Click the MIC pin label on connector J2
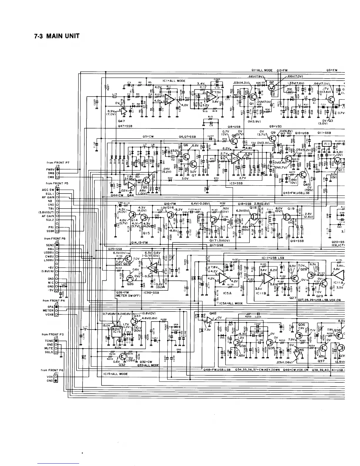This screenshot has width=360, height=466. (51, 282)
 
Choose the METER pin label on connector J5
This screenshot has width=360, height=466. (48, 310)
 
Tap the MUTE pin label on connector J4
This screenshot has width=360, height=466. (49, 348)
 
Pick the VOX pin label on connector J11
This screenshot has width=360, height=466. (50, 377)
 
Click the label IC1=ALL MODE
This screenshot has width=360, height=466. (174, 81)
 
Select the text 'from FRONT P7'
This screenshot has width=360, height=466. (58, 162)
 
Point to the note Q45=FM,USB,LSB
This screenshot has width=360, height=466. (296, 193)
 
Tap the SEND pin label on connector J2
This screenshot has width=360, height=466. (50, 245)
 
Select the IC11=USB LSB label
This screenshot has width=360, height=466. (273, 258)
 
